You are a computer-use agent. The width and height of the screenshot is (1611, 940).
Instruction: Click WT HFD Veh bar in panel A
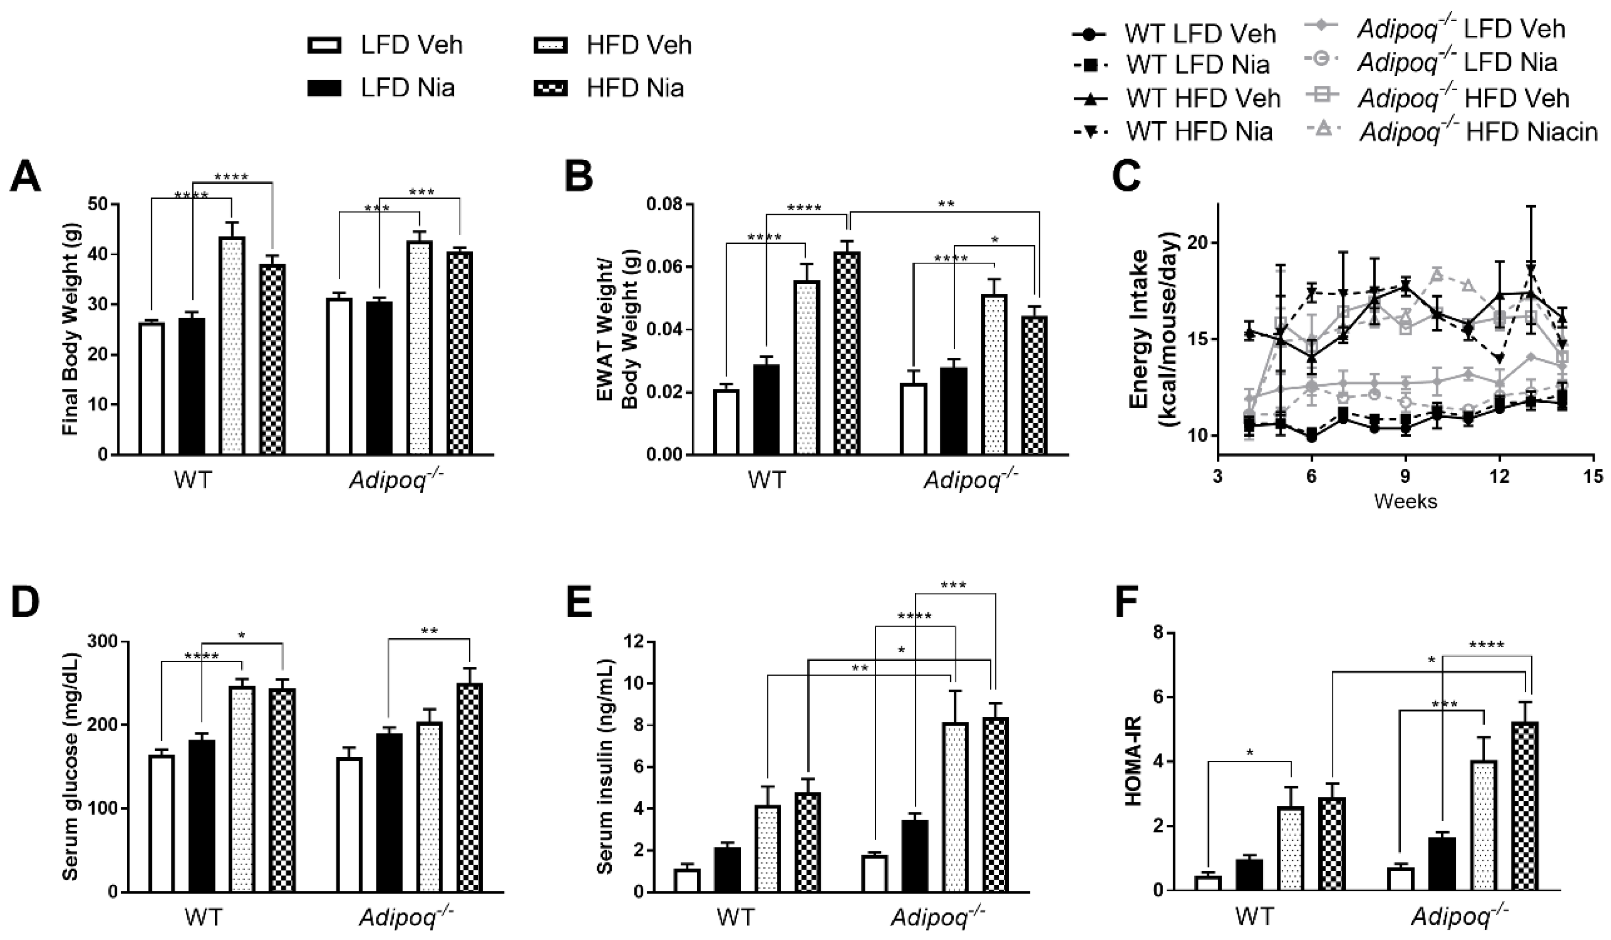[231, 345]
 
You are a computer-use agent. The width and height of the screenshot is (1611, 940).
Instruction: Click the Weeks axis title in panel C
[1405, 501]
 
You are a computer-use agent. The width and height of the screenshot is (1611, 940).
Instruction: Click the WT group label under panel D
[203, 917]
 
